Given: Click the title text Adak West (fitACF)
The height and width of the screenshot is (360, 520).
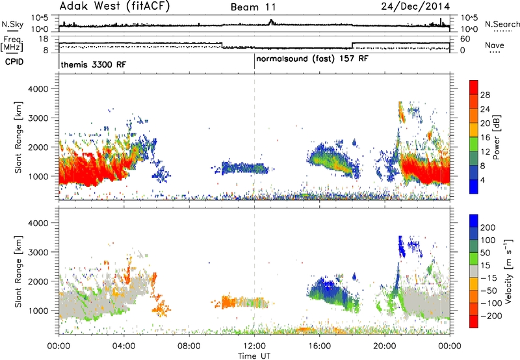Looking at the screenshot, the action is coord(114,6).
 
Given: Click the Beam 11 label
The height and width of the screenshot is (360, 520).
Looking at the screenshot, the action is coord(253,7).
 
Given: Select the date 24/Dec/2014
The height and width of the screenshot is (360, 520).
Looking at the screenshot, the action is coord(415,6).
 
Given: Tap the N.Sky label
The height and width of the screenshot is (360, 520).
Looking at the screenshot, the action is coord(12,24).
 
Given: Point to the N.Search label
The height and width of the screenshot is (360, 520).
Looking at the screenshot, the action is coord(502,24).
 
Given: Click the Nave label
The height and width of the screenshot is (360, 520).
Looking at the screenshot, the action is coord(495,45).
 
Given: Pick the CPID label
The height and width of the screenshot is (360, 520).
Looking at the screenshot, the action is coord(14,62).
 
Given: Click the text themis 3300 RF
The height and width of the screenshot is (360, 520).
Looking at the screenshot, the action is coord(93,64).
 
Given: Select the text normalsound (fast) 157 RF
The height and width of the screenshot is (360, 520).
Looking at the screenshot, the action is coord(312,58).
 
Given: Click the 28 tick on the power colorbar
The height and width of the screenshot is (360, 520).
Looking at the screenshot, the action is coord(485,95).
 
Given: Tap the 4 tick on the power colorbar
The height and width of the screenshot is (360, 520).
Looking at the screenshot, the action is coord(483,181).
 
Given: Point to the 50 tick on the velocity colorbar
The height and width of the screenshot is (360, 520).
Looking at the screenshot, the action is coord(485,253).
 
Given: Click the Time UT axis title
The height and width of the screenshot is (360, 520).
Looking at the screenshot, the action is coord(254,356).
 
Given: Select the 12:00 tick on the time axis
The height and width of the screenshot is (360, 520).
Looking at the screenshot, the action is coord(254,346).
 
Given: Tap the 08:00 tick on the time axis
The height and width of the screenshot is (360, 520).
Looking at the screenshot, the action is coord(189,346).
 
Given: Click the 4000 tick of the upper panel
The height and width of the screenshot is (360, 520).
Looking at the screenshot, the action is coord(38,89).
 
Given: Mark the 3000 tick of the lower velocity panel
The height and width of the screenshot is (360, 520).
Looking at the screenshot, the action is coord(38,252).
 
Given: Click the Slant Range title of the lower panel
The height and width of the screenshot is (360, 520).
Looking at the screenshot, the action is coord(19,272).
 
